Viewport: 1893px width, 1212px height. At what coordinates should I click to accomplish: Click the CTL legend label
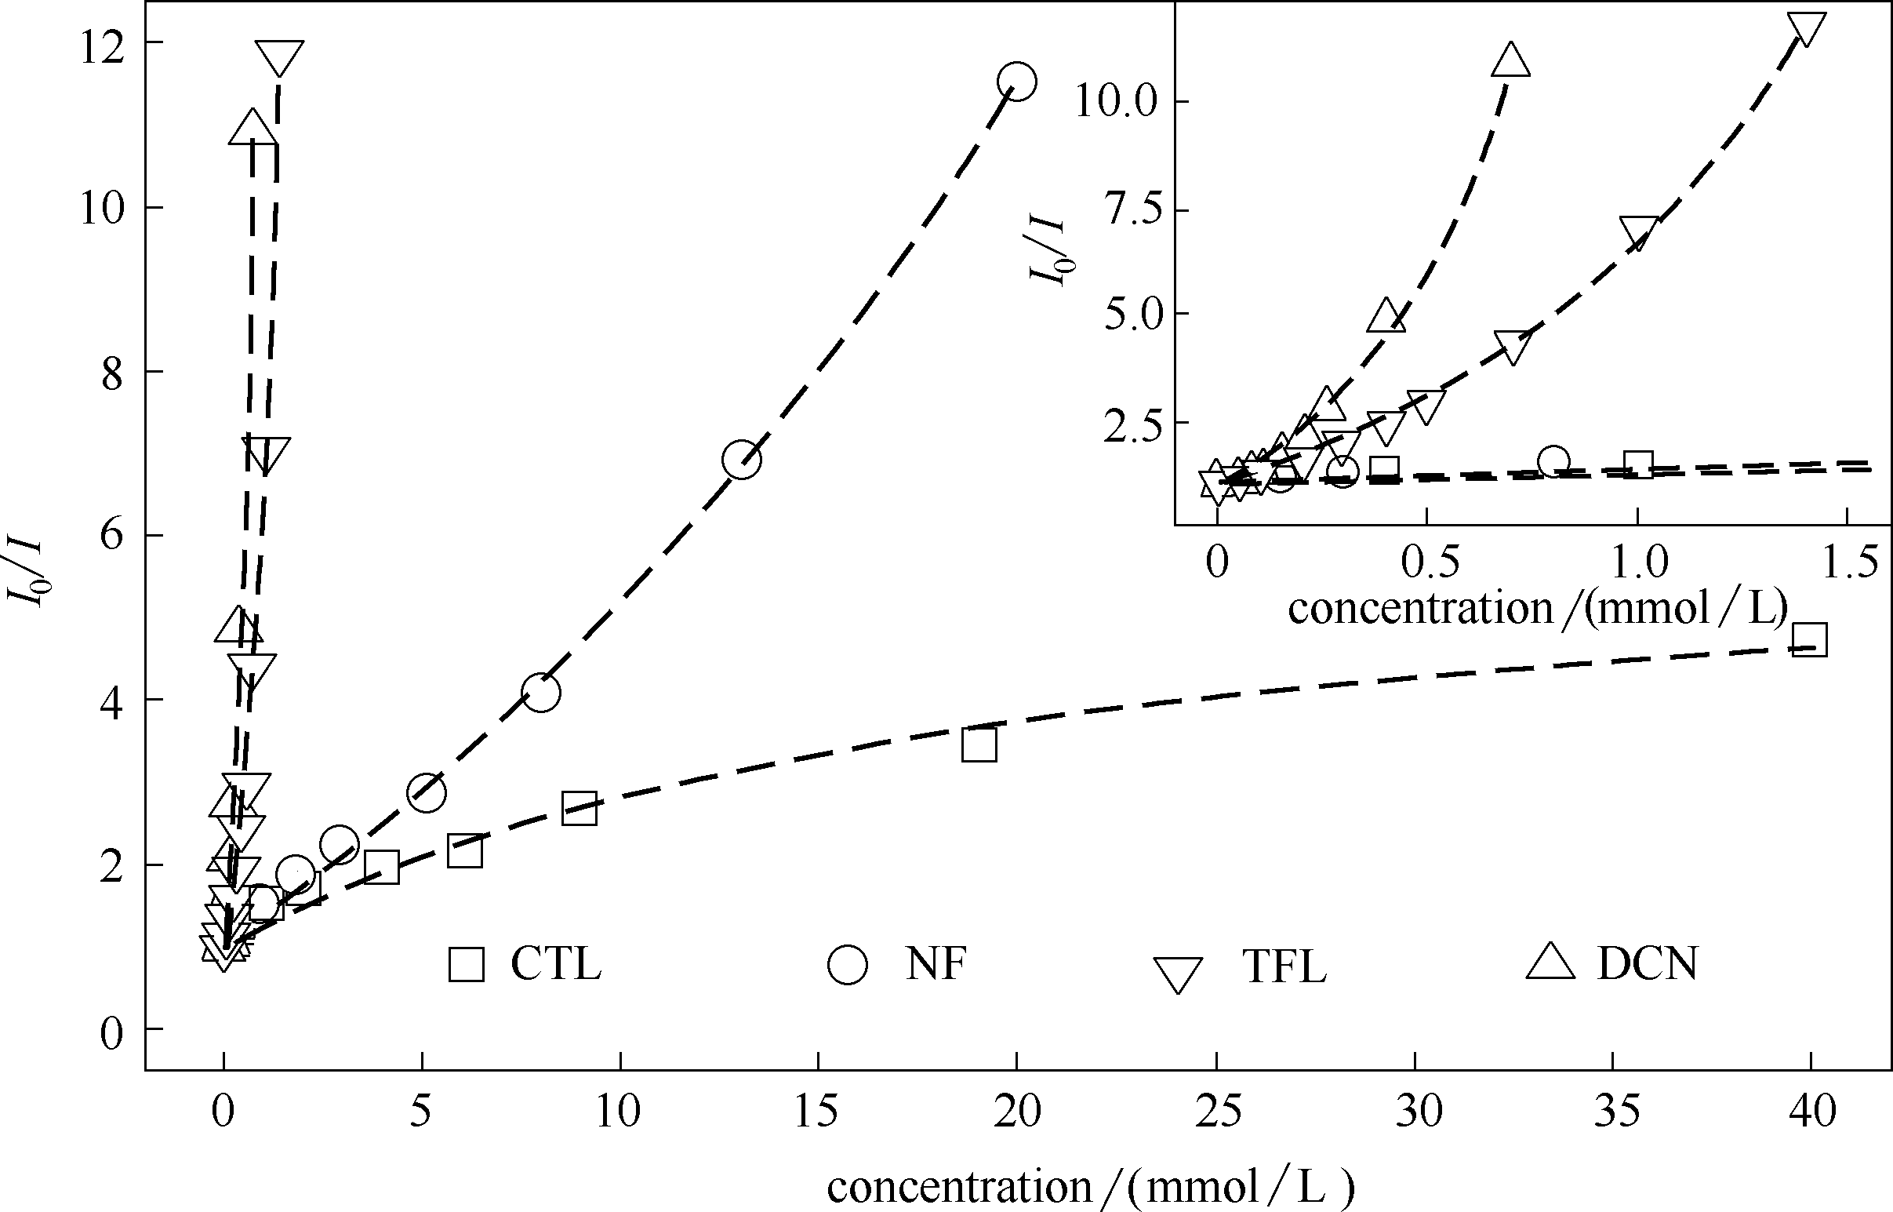click(555, 963)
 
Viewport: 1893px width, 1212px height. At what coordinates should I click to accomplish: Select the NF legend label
click(936, 963)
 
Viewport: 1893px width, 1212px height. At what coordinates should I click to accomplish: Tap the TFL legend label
click(1284, 967)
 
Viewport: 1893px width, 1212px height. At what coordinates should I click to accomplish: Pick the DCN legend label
click(1648, 963)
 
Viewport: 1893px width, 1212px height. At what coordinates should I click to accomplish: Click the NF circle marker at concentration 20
click(1016, 81)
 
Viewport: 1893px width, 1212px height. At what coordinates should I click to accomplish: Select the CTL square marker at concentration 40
click(1809, 639)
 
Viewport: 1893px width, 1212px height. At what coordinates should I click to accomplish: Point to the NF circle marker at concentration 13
click(741, 460)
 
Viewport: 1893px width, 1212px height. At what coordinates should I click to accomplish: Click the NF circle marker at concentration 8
click(540, 693)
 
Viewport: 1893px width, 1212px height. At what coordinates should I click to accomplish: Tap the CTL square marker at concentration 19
click(979, 744)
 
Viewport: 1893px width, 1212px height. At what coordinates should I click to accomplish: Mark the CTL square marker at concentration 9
click(579, 809)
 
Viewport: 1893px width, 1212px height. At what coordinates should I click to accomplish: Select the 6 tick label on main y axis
click(112, 537)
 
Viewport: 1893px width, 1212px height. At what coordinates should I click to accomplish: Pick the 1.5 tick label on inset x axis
click(1847, 563)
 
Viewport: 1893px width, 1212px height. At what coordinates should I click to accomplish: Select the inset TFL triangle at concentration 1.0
click(1638, 233)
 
